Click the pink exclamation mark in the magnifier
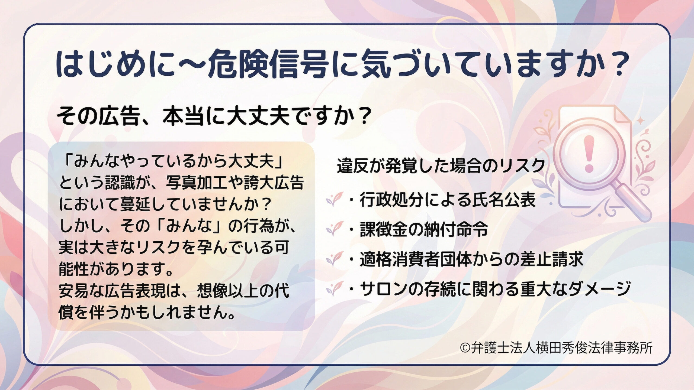[589, 154]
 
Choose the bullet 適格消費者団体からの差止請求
[471, 259]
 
